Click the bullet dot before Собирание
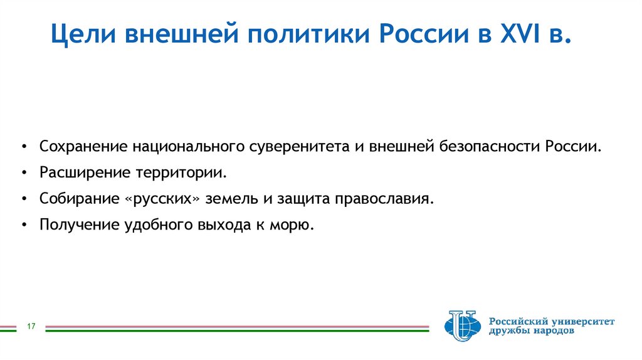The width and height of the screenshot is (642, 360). (x=23, y=199)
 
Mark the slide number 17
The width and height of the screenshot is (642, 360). (x=30, y=327)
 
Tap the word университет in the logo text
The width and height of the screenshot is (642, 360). (x=583, y=321)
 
